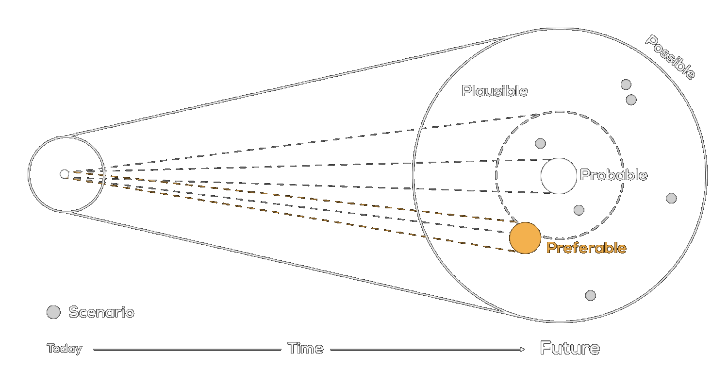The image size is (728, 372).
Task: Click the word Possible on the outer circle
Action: pyautogui.click(x=670, y=57)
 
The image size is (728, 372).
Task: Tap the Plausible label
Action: pyautogui.click(x=495, y=91)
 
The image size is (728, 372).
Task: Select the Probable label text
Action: pyautogui.click(x=613, y=175)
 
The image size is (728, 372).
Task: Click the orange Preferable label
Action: pyautogui.click(x=586, y=248)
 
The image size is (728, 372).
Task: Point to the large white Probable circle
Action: pyautogui.click(x=559, y=176)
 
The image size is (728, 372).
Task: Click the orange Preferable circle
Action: pyautogui.click(x=525, y=238)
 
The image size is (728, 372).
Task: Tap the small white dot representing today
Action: pyautogui.click(x=64, y=174)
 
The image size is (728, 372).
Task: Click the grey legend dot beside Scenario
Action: pyautogui.click(x=53, y=312)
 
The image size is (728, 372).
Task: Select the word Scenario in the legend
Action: pyautogui.click(x=101, y=312)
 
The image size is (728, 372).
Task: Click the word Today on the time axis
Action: pyautogui.click(x=65, y=349)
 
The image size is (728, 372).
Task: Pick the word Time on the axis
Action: pyautogui.click(x=305, y=348)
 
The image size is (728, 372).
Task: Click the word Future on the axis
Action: pyautogui.click(x=570, y=348)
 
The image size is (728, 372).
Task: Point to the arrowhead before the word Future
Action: pyautogui.click(x=522, y=349)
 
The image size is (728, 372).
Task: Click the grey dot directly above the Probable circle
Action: pyautogui.click(x=540, y=143)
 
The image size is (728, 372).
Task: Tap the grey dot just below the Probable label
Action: pyautogui.click(x=579, y=210)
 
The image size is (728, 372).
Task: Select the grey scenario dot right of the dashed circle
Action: pyautogui.click(x=671, y=198)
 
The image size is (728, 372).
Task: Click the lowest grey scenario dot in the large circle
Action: pyautogui.click(x=590, y=295)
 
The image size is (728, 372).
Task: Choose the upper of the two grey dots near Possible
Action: pyautogui.click(x=626, y=85)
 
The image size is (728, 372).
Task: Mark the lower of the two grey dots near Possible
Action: pyautogui.click(x=631, y=100)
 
